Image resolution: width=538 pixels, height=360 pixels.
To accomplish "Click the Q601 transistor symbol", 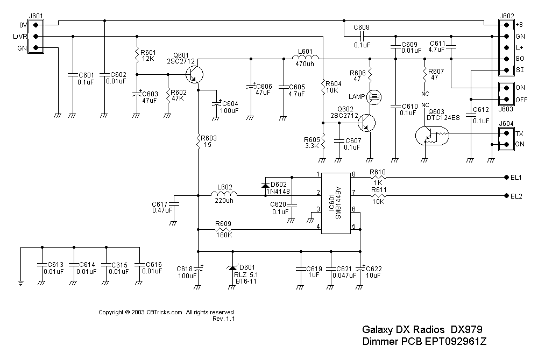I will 195,73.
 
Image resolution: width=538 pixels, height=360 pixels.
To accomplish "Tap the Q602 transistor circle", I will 367,123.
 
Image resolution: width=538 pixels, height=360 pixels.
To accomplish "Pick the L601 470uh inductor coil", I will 306,58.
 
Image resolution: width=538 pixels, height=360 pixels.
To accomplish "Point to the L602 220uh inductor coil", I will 225,196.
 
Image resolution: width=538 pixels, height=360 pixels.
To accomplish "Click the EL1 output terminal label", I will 517,177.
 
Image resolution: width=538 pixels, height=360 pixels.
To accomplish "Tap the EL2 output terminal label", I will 517,196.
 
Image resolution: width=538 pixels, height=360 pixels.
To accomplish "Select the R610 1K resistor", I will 378,177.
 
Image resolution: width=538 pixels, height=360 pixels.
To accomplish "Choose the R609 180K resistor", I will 224,229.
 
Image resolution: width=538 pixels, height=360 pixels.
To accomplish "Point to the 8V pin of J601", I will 36,25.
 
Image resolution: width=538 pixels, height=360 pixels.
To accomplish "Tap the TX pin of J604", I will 506,133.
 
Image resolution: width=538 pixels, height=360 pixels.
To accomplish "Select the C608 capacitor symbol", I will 362,36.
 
